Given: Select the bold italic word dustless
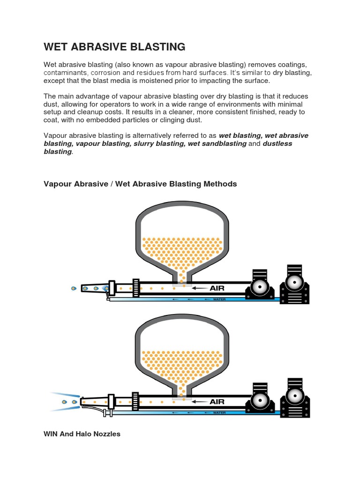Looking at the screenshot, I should point(277,143).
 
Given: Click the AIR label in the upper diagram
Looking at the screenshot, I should point(217,289).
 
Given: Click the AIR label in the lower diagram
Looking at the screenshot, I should point(217,402).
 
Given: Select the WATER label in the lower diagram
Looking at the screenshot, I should point(219,413).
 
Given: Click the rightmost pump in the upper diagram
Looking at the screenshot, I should point(295,285).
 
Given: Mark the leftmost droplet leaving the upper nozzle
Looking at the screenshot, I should point(73,288).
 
